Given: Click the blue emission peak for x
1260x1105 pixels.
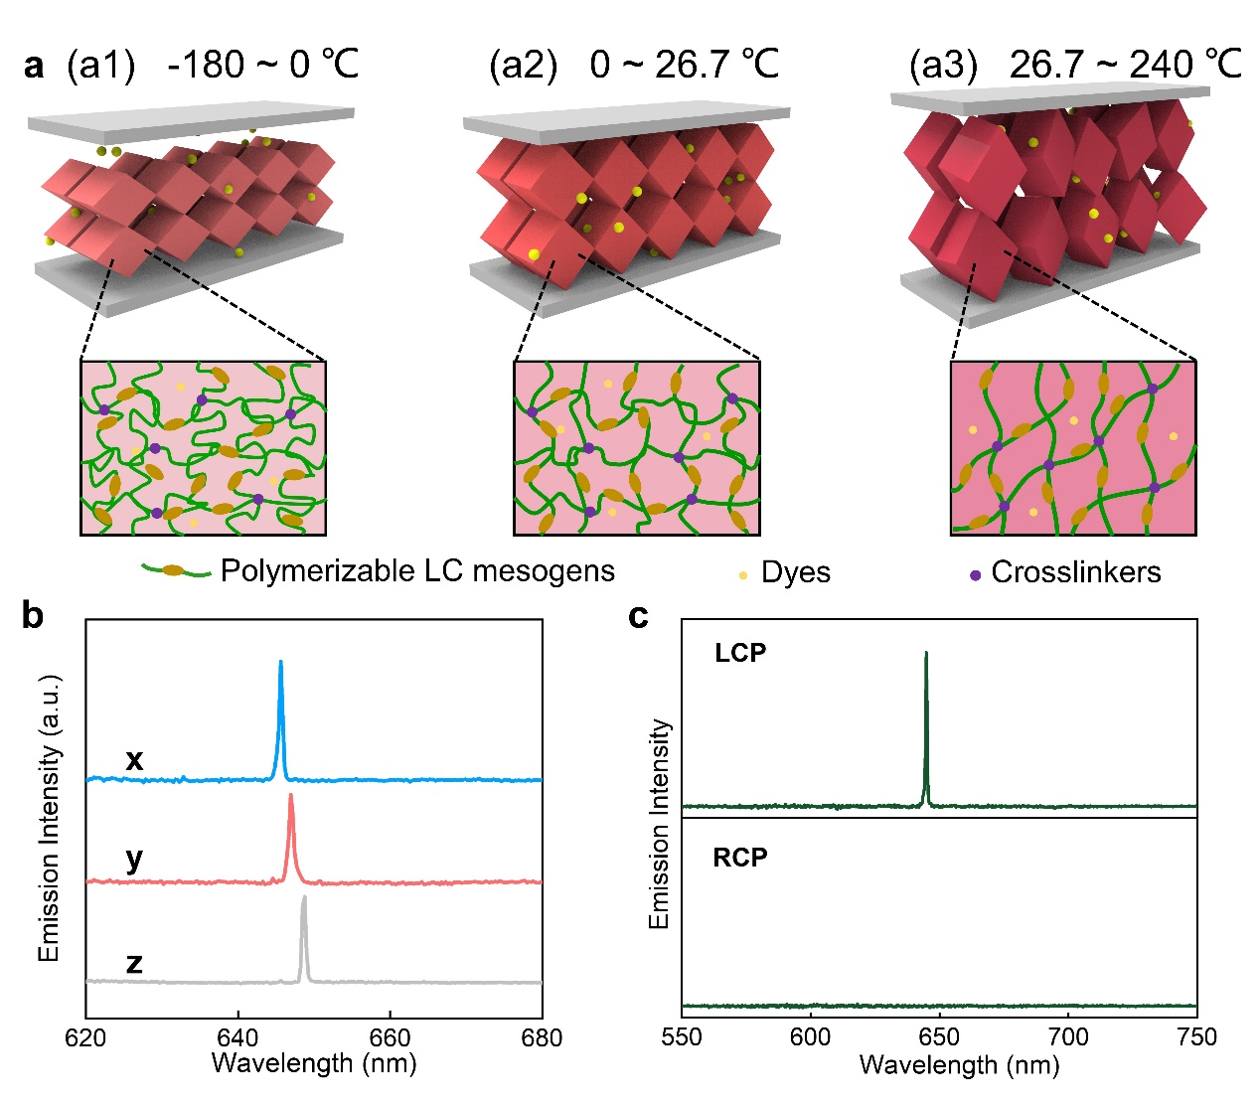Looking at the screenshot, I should [x=280, y=664].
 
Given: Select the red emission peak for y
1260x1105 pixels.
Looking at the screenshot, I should [x=290, y=797].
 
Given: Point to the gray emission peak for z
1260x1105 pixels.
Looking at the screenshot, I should [x=304, y=899].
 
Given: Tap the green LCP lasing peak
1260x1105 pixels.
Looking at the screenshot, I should [x=926, y=656].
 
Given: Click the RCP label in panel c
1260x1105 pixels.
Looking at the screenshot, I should [x=740, y=858].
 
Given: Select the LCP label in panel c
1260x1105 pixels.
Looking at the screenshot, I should [x=740, y=654].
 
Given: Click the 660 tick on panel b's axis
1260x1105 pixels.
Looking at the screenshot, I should [x=391, y=1037].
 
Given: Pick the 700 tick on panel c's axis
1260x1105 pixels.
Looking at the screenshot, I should [x=1068, y=1037].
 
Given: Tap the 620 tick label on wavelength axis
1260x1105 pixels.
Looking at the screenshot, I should [x=86, y=1037].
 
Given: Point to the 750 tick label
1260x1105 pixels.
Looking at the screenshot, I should [x=1195, y=1037].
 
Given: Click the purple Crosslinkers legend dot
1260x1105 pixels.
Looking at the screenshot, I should [x=976, y=575].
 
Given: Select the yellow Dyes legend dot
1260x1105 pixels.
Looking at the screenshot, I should [x=743, y=575].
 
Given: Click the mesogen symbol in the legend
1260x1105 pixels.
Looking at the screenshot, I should [x=176, y=571].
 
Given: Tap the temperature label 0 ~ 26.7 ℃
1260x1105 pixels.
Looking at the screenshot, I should [x=685, y=66].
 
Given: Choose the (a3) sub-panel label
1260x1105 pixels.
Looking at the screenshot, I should [x=943, y=66].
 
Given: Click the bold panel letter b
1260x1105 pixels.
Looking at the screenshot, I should [x=33, y=616].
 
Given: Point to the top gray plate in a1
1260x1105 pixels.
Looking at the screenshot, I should [x=189, y=124].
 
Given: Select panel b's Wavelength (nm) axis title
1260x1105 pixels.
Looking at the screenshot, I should [x=314, y=1063].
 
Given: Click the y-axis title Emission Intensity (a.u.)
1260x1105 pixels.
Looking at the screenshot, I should [x=50, y=817].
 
